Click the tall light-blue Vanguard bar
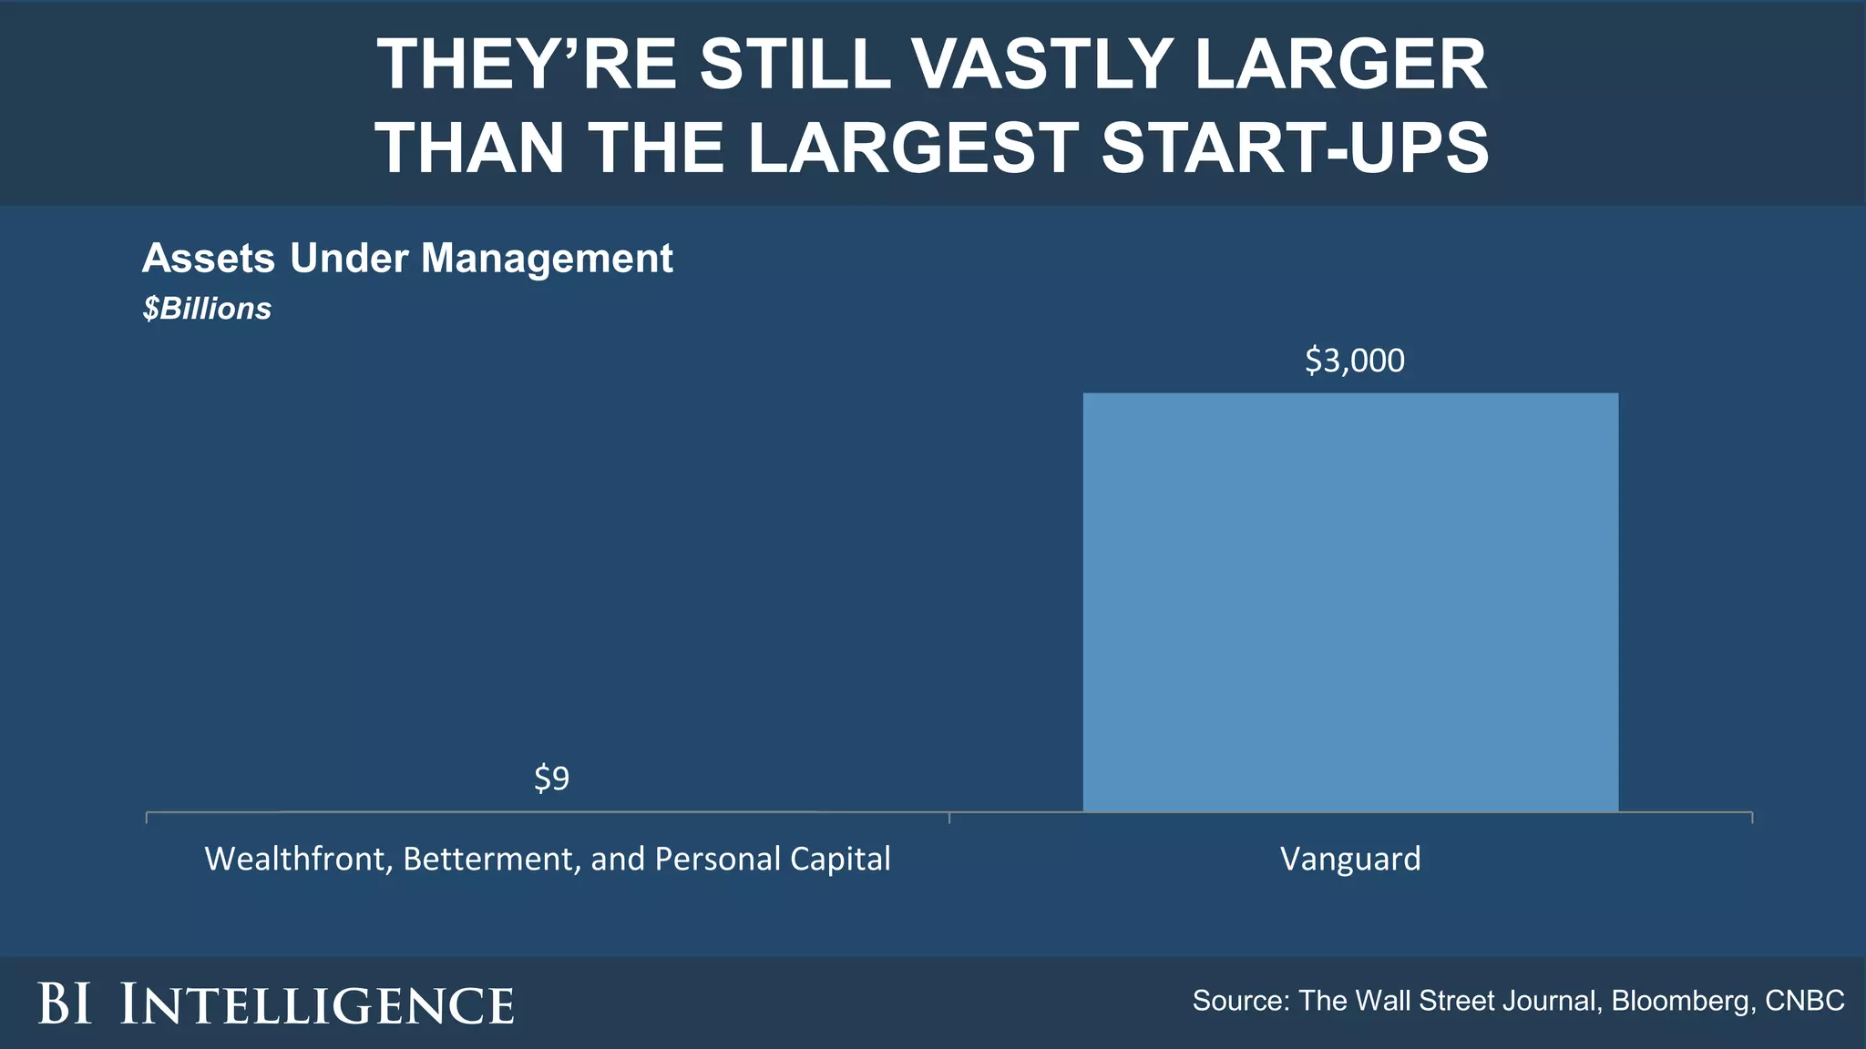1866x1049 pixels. tap(1350, 601)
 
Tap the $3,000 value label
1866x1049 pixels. tap(1355, 361)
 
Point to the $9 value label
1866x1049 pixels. tap(551, 779)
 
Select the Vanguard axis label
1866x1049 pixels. tap(1350, 859)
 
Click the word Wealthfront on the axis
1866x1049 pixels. tap(297, 859)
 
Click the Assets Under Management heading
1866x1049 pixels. tap(407, 259)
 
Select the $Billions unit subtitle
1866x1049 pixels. tap(207, 309)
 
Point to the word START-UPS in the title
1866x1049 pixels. tap(1295, 148)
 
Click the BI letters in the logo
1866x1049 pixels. tap(65, 1004)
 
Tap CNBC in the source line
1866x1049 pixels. tap(1804, 1001)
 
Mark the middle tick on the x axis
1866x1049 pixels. tap(949, 817)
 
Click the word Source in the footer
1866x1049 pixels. tap(1239, 1001)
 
